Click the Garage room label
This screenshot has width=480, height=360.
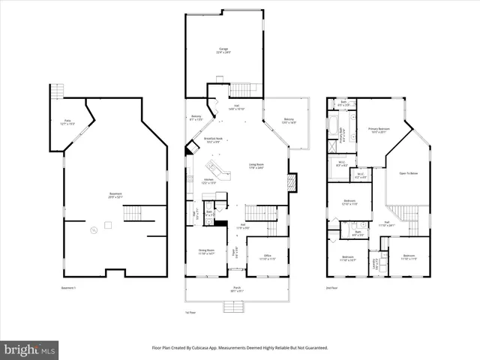tap(224, 50)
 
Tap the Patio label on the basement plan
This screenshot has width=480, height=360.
tap(66, 122)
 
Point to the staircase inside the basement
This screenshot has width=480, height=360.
tap(133, 213)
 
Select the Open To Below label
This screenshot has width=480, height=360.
tap(408, 172)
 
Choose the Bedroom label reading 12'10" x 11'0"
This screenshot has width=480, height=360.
tap(350, 202)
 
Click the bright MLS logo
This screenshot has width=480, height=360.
tap(30, 349)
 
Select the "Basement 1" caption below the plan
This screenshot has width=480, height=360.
tap(69, 288)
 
